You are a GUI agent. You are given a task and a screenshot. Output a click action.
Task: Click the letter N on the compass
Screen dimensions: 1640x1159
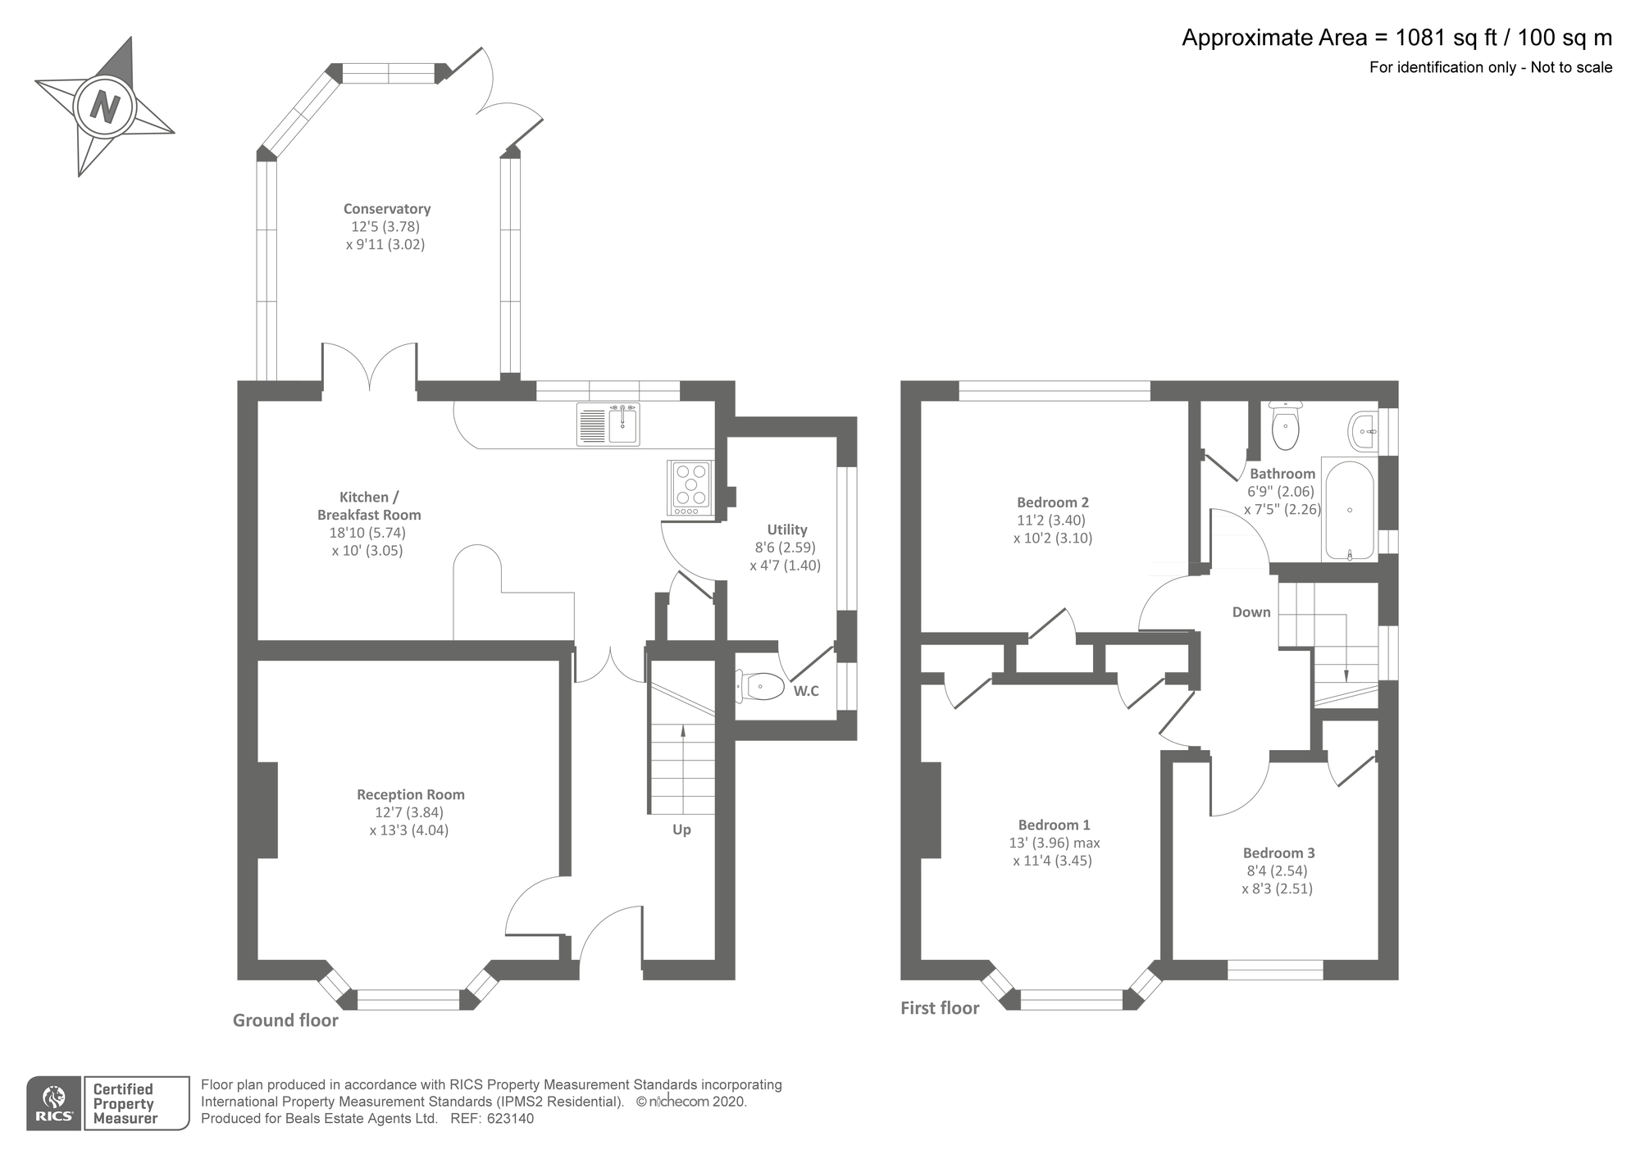(x=105, y=107)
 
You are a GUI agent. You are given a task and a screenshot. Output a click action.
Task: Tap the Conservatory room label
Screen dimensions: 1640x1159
(x=386, y=209)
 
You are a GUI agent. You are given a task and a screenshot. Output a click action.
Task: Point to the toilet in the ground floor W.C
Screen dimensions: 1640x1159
(x=760, y=686)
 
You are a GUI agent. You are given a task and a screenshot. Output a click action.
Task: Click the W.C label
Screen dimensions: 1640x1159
(x=805, y=691)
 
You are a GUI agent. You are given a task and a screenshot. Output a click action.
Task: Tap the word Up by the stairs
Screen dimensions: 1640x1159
(x=681, y=829)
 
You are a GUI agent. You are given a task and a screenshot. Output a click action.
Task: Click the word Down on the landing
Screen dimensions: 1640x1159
(x=1251, y=612)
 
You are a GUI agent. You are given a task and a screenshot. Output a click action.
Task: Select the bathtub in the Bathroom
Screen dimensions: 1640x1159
(x=1349, y=511)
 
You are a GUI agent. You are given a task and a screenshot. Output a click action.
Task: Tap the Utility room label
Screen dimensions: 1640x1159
(x=786, y=530)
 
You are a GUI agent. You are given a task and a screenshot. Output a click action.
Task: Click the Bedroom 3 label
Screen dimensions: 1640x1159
(x=1278, y=853)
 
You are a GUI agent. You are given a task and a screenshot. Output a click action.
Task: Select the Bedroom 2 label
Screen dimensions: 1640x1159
(x=1052, y=502)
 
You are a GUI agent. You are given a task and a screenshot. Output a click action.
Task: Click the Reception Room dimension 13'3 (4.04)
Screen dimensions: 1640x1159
(x=409, y=830)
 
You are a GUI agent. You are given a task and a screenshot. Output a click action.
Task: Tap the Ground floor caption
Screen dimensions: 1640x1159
(x=285, y=1020)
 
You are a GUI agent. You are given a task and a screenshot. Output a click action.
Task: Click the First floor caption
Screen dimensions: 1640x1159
(x=940, y=1008)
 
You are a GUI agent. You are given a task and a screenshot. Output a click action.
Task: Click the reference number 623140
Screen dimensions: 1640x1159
(x=510, y=1119)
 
